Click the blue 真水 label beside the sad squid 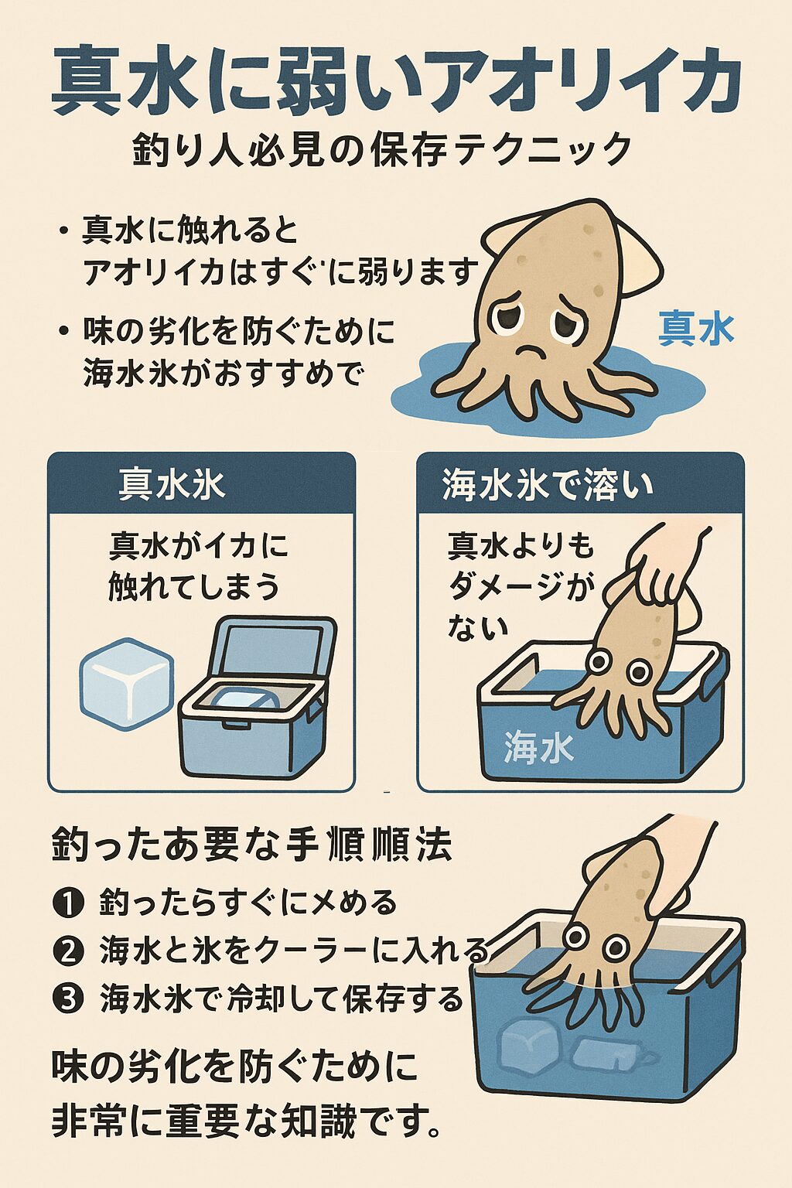695,329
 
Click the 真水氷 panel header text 172,486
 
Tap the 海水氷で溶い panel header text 548,486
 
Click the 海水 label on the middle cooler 538,748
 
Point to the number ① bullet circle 69,903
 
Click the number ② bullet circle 69,951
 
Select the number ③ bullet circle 69,999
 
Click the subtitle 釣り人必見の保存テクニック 383,149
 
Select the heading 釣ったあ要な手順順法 252,846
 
